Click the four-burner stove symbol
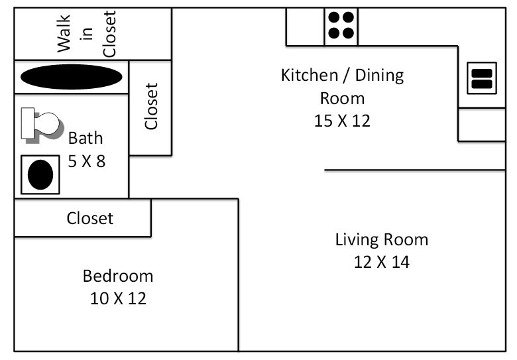341,26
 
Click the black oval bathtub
72,77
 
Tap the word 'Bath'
86,138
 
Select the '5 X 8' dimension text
86,160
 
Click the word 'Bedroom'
117,276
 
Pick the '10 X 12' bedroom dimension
117,298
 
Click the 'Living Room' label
381,239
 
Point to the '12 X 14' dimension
381,262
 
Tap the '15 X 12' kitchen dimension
342,121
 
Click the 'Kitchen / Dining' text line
342,75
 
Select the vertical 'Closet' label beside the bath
152,106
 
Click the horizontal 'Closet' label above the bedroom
89,218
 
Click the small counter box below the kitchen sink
482,125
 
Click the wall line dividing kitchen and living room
414,170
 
